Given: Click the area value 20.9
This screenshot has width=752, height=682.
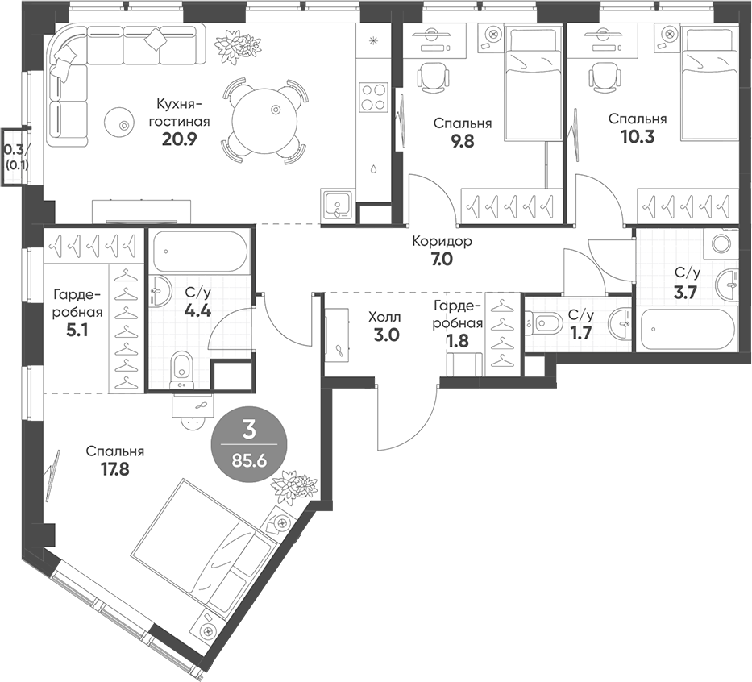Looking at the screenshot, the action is (180, 139).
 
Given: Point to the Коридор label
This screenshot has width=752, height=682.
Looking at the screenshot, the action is (442, 241).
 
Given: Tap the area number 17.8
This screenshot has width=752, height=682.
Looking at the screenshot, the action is (115, 468).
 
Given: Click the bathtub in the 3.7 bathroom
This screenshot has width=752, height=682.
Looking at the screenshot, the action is (686, 329).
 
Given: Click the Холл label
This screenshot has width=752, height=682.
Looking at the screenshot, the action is (384, 317).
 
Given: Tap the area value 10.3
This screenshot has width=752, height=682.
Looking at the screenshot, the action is (638, 138).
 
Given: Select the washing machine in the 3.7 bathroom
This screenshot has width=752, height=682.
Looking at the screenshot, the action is (720, 243).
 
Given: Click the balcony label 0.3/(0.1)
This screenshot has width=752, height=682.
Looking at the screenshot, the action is (16, 157).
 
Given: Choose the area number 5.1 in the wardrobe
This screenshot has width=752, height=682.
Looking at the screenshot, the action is (77, 331).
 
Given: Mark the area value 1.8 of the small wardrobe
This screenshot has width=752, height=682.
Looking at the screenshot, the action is (457, 340).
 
